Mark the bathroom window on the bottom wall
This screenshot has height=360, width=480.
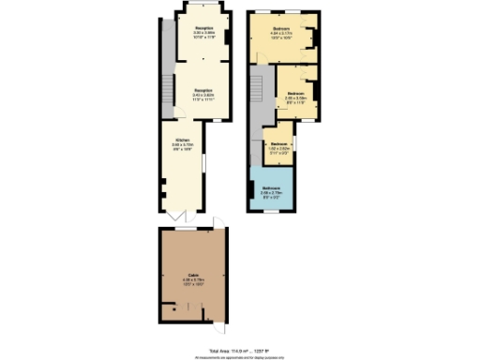272,212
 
